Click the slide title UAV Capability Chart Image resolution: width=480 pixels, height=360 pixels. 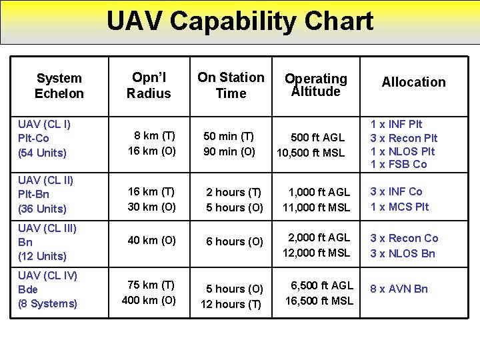click(x=240, y=21)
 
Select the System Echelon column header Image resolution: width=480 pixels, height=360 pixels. click(x=59, y=85)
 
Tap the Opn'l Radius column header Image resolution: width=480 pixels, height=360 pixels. click(x=149, y=85)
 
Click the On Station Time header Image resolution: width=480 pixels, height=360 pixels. click(x=231, y=85)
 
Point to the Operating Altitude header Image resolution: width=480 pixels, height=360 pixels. click(x=316, y=85)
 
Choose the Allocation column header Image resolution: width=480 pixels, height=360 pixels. click(x=413, y=82)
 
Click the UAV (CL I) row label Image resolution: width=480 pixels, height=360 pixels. click(x=45, y=124)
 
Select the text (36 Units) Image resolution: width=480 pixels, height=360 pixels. click(x=43, y=209)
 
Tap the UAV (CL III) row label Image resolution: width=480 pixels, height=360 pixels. click(x=47, y=228)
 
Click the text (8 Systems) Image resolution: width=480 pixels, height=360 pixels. click(x=48, y=304)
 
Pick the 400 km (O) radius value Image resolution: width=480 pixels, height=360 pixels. click(x=149, y=300)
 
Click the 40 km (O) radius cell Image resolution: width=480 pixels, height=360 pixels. click(x=151, y=240)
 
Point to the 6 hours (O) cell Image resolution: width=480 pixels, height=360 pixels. click(x=235, y=241)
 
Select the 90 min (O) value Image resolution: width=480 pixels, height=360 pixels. click(x=229, y=151)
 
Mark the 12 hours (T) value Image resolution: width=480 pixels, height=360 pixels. click(x=231, y=304)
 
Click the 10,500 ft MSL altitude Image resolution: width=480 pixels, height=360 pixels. click(x=311, y=153)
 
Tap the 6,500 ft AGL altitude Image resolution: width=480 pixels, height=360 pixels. click(x=322, y=285)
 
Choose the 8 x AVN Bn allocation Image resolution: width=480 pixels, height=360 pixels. click(x=399, y=289)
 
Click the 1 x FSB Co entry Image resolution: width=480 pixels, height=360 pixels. click(x=399, y=164)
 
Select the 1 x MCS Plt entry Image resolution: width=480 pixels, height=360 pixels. click(x=400, y=207)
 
